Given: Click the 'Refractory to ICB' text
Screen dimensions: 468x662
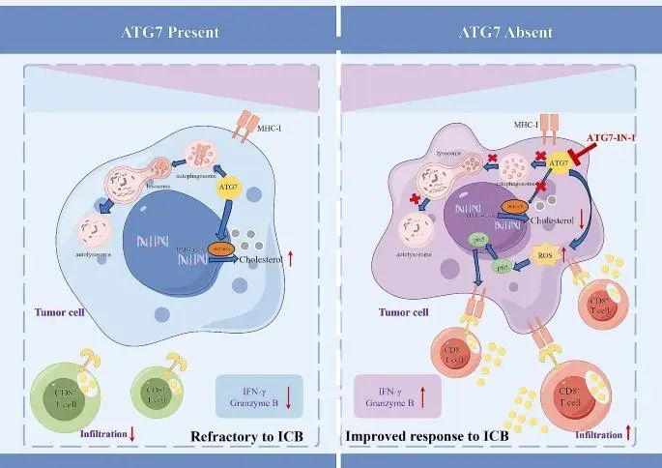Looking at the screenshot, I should click(x=249, y=436).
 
